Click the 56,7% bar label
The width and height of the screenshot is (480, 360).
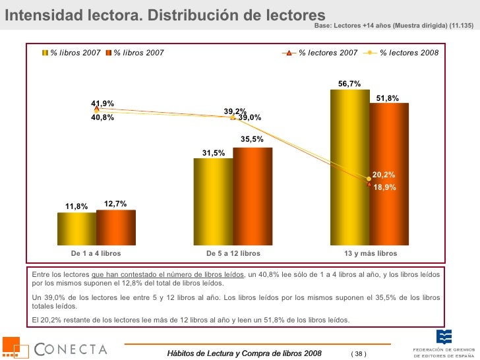[349, 84]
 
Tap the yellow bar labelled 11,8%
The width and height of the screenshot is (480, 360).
[76, 227]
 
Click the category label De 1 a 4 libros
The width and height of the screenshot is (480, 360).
[96, 253]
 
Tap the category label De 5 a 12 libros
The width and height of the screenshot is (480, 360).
[233, 253]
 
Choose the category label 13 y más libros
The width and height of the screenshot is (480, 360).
[371, 253]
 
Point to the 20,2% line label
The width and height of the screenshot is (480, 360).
[384, 175]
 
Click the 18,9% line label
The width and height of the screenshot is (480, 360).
[384, 187]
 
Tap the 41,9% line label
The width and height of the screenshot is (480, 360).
[103, 104]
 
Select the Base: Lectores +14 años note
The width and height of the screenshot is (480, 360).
[394, 25]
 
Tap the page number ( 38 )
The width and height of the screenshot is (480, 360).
[358, 354]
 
